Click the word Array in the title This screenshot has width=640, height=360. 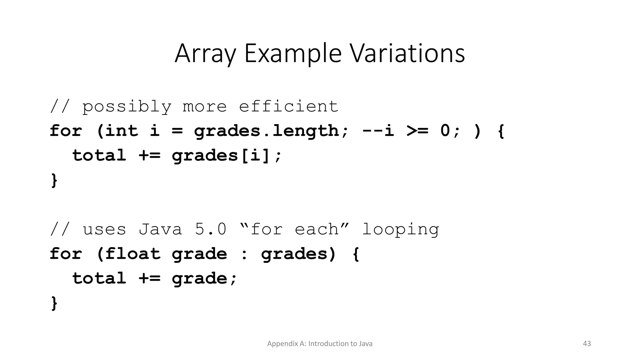click(x=205, y=54)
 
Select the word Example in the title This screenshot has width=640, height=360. click(x=293, y=54)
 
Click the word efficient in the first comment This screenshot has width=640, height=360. click(x=288, y=106)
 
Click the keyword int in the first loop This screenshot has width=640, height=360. click(x=121, y=131)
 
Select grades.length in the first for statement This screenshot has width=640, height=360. click(x=266, y=131)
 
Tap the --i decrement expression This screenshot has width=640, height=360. click(x=378, y=131)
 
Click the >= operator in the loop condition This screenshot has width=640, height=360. click(x=417, y=131)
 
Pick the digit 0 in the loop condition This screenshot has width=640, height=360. click(x=445, y=131)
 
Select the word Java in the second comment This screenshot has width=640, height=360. click(x=160, y=229)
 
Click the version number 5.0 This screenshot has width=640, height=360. click(x=210, y=229)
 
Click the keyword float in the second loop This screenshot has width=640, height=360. click(x=132, y=253)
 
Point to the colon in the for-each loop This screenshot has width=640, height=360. click(x=244, y=254)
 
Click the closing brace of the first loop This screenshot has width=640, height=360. click(x=54, y=180)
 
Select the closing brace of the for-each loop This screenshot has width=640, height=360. click(x=54, y=303)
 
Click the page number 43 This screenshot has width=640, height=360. click(x=587, y=343)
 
